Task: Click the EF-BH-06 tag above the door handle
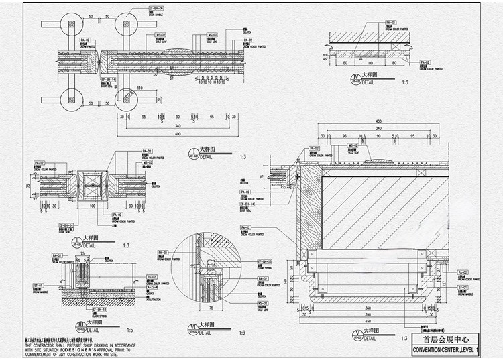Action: click(156, 8)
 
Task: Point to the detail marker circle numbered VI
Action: click(192, 328)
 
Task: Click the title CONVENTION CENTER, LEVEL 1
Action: click(447, 350)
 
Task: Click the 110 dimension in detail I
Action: click(140, 88)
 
